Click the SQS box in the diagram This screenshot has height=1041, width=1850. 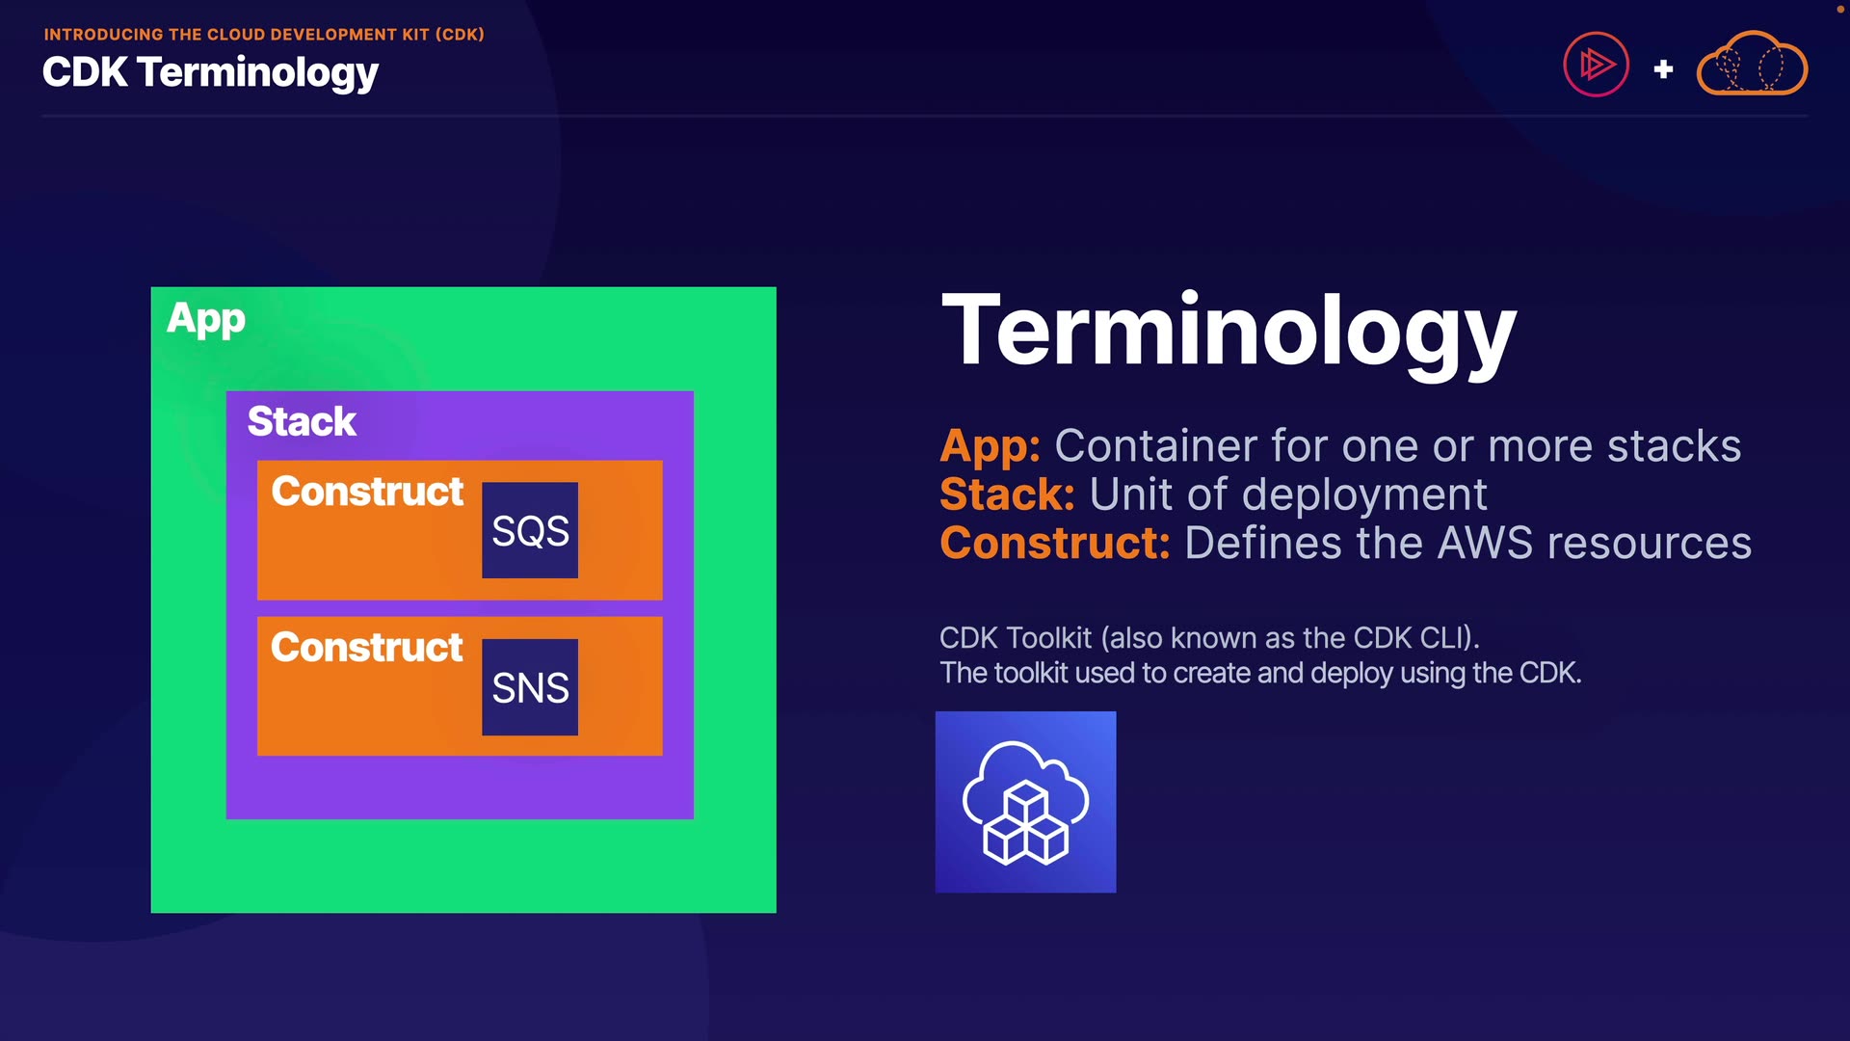[x=530, y=530]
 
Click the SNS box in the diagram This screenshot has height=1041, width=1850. [x=530, y=687]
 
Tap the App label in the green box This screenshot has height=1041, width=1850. [x=206, y=319]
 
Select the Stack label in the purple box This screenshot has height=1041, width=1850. [x=302, y=421]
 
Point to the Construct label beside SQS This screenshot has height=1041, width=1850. [x=367, y=492]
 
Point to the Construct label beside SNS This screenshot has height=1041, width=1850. [x=367, y=647]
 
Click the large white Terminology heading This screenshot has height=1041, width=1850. [x=1229, y=332]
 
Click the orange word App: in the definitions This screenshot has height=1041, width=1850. [x=990, y=446]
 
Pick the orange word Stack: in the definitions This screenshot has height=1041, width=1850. [x=1007, y=494]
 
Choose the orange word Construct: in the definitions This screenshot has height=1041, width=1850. [x=1055, y=543]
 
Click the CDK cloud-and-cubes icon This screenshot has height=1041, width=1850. [x=1025, y=802]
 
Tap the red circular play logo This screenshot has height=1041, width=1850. [x=1596, y=65]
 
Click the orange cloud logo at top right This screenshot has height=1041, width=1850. [x=1752, y=65]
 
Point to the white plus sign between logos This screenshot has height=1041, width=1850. [x=1663, y=69]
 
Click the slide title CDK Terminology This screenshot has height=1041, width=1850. [x=210, y=73]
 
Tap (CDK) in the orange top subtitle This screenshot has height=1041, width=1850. [x=460, y=35]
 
